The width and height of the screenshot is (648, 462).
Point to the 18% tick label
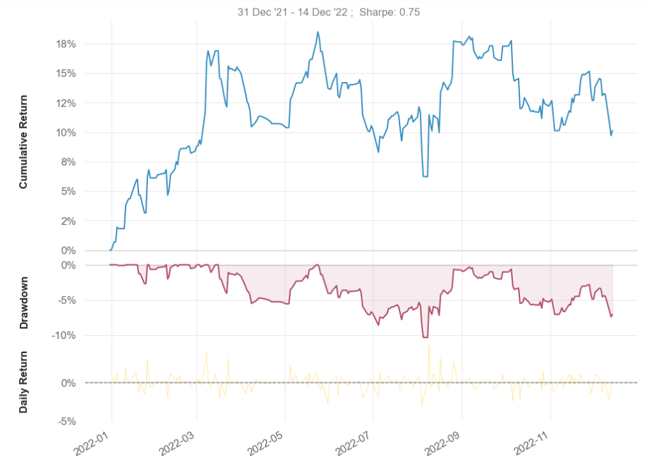(x=66, y=44)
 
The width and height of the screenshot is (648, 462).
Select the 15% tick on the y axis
(x=66, y=74)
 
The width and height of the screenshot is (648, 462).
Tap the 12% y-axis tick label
(x=66, y=103)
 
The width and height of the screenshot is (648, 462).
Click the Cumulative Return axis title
(x=24, y=142)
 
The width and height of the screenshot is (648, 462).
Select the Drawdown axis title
(x=24, y=303)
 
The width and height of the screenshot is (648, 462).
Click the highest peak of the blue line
(x=318, y=32)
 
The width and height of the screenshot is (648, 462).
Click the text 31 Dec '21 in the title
(x=260, y=12)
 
